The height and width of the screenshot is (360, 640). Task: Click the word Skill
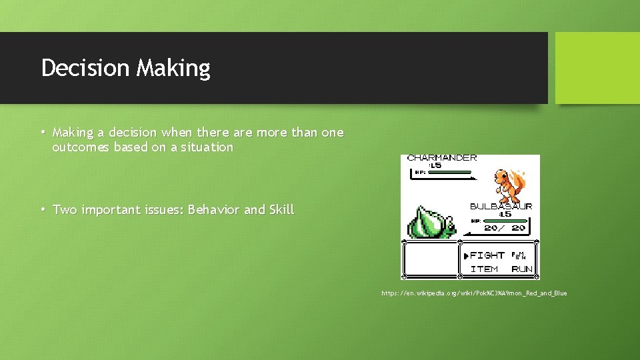281,210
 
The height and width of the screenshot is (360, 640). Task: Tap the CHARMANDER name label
442,158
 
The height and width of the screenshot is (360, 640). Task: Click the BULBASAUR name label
501,206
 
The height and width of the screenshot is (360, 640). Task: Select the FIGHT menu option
487,255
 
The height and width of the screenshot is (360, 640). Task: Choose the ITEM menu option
485,269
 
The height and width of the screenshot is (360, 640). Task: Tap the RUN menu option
522,269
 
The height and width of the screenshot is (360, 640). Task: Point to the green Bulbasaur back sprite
430,222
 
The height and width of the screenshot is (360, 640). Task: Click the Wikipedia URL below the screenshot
474,293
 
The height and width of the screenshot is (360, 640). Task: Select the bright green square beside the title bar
597,68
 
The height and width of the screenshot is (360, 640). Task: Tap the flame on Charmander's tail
521,179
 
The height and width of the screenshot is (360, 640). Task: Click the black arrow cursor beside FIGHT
466,256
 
